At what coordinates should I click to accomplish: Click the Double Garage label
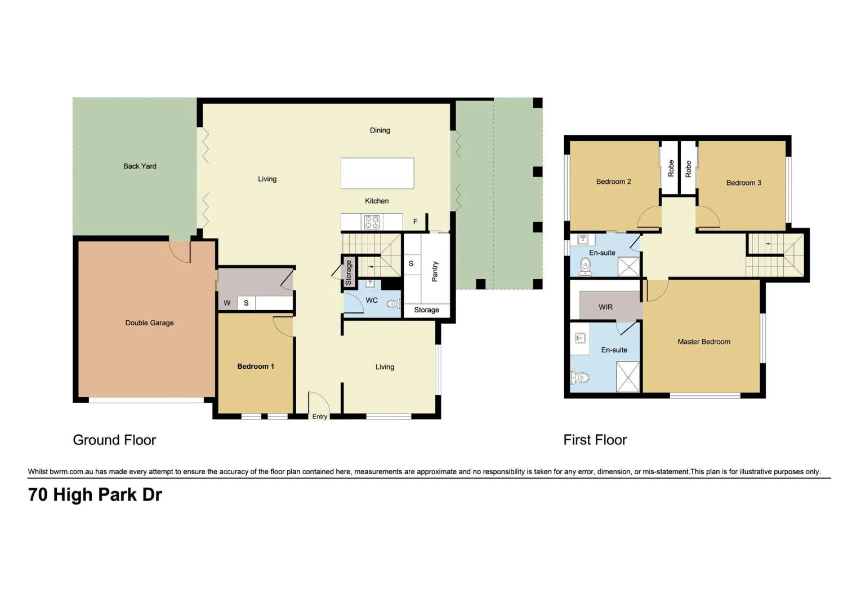point(149,323)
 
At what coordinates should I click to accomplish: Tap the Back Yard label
point(140,166)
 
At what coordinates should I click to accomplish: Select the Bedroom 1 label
point(255,367)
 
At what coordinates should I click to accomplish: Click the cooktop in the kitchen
point(372,222)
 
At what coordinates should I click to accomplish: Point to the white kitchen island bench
point(377,173)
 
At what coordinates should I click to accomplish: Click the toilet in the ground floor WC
point(393,304)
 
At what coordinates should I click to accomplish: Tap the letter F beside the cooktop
point(415,222)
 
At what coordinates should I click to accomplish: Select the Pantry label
point(435,271)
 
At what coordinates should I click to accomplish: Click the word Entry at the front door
point(319,417)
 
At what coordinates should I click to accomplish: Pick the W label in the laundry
point(227,303)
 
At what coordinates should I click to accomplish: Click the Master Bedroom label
point(703,342)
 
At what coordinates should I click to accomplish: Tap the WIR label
point(605,307)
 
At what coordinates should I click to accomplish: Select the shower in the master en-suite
point(627,377)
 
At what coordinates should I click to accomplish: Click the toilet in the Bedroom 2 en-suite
point(586,266)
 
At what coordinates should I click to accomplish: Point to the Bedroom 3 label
point(743,183)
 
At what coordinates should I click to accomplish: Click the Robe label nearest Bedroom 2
point(671,168)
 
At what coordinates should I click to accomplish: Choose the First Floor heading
point(595,440)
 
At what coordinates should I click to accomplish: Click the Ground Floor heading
point(114,440)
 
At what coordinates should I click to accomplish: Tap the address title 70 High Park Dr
point(95,495)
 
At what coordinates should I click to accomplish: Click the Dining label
point(380,130)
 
